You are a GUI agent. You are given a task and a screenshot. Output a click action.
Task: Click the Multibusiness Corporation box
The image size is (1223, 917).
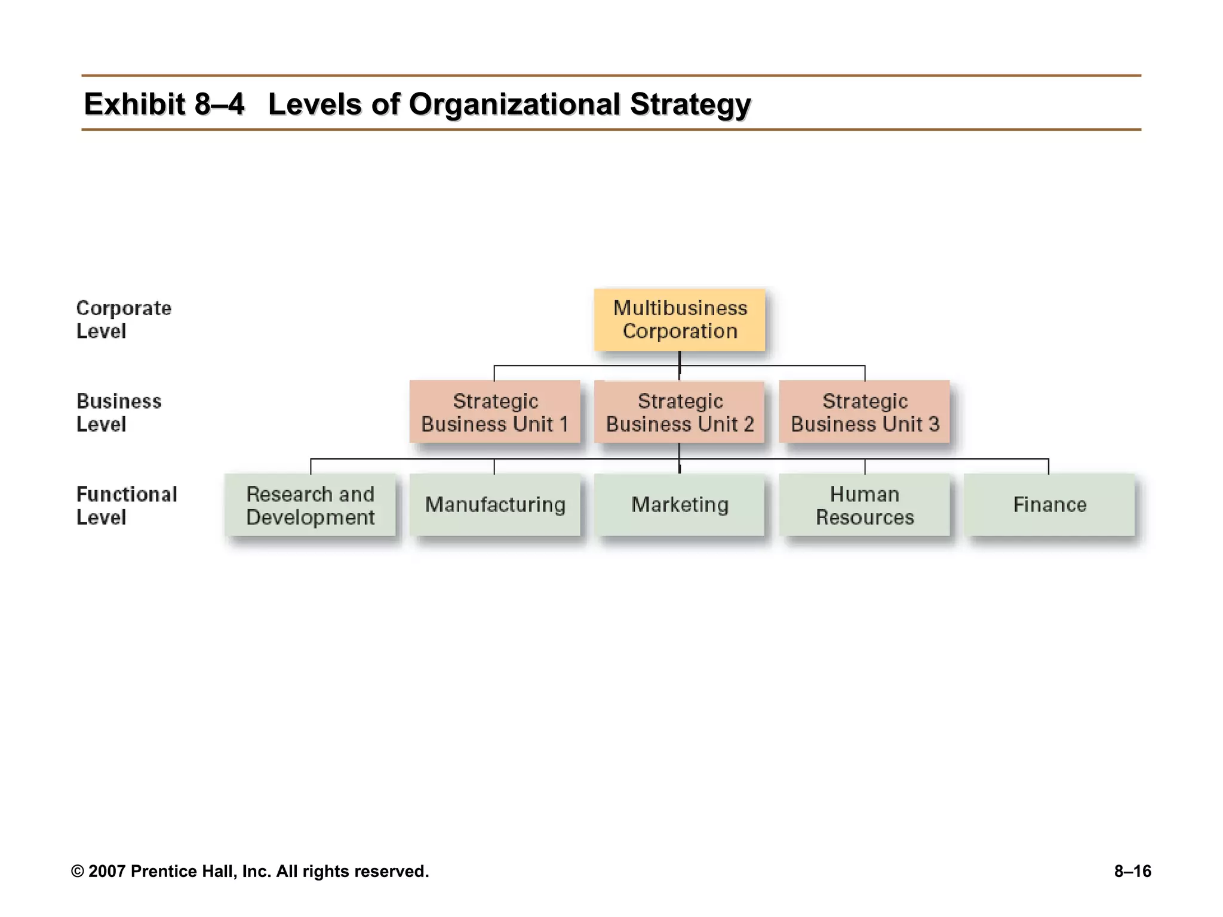tap(680, 319)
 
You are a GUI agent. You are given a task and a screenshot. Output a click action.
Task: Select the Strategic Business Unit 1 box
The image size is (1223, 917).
tap(494, 412)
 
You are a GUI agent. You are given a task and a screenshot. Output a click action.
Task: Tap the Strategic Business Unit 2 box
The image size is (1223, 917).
tap(680, 412)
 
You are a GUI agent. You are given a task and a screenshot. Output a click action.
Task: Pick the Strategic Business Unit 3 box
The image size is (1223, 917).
tap(865, 412)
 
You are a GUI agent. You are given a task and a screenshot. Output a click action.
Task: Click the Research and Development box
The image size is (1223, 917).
tap(310, 505)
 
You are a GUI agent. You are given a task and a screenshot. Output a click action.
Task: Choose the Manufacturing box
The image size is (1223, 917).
tap(494, 505)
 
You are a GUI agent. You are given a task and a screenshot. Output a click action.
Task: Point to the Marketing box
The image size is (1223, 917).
tap(680, 505)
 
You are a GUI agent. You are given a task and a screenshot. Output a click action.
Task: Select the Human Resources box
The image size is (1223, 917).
tap(865, 505)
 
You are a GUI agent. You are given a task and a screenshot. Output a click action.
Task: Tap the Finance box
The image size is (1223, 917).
tap(1049, 505)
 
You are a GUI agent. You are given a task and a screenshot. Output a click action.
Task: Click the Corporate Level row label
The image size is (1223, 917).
tap(124, 319)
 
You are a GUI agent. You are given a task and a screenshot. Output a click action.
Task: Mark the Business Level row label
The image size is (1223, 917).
tap(119, 413)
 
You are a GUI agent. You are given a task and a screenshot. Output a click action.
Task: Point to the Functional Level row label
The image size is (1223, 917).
tap(127, 506)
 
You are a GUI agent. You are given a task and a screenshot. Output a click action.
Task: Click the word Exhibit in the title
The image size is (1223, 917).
tap(135, 104)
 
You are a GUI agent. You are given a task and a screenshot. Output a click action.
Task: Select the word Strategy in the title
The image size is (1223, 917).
tap(690, 104)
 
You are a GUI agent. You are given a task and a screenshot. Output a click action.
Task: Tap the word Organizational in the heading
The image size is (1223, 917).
tap(515, 104)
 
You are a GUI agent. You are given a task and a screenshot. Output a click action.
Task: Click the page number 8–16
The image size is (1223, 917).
tap(1132, 872)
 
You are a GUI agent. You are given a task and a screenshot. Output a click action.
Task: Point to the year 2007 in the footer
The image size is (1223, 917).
tap(107, 872)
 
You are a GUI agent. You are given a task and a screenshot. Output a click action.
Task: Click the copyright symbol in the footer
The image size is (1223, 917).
tap(78, 872)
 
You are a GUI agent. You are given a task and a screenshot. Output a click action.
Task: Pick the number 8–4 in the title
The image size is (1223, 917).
tap(219, 104)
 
